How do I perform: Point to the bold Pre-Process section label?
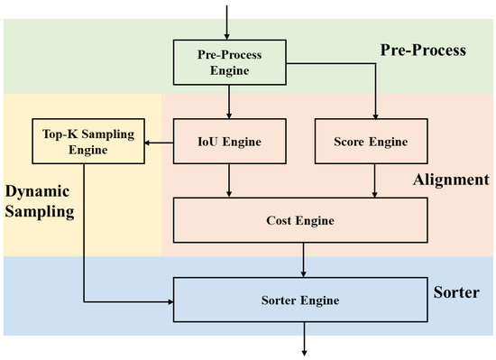point(421,51)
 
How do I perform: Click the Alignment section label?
point(450,180)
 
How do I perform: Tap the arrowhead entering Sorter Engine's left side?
point(168,300)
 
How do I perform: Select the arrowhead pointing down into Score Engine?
point(376,115)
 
